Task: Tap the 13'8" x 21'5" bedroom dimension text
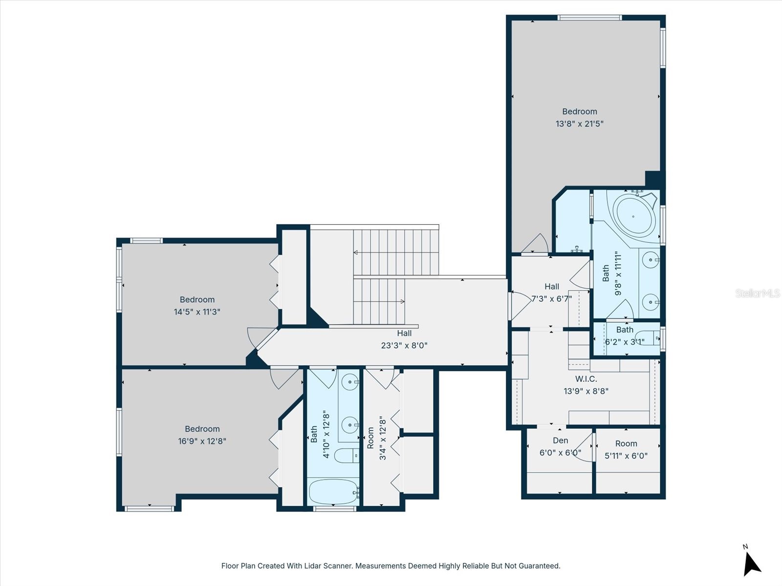pos(579,124)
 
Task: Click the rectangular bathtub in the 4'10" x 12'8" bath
pos(333,491)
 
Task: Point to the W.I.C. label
pos(586,379)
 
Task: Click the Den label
pos(560,440)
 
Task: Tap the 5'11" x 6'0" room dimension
pos(626,456)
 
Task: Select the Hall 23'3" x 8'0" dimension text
pos(404,346)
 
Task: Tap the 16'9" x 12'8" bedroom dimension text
pos(202,441)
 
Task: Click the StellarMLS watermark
pos(757,293)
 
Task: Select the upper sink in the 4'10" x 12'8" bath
pos(350,382)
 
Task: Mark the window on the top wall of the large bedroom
pos(589,18)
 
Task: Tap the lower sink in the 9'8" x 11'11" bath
pos(650,302)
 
